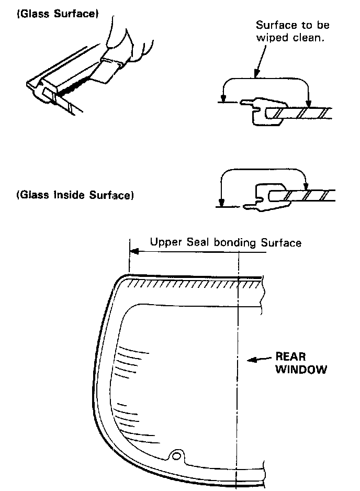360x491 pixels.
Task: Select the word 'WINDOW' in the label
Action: click(x=301, y=370)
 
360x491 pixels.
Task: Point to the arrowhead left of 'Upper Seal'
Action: click(x=134, y=251)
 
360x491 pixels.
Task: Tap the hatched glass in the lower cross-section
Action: click(x=309, y=195)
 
